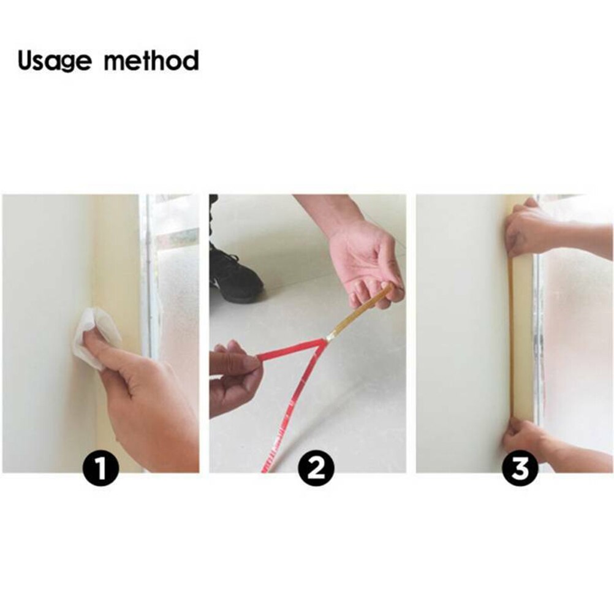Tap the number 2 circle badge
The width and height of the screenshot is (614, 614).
point(316,471)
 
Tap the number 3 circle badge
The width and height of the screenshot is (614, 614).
point(520,471)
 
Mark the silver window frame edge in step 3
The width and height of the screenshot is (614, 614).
point(537,343)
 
